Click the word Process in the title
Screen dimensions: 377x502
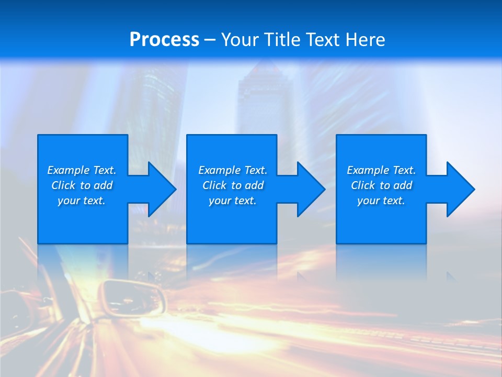tap(164, 40)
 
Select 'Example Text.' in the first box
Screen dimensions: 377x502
tap(82, 170)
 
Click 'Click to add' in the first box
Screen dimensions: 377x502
tap(82, 185)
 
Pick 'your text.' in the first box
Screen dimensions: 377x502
tap(82, 201)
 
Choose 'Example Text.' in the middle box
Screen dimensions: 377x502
tap(233, 170)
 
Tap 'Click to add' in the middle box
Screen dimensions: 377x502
tap(233, 185)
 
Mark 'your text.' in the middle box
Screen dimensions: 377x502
tap(233, 201)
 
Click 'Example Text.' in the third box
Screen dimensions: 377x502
tap(381, 170)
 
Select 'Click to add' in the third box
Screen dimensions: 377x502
tap(381, 185)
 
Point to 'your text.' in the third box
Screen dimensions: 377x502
tap(381, 201)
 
